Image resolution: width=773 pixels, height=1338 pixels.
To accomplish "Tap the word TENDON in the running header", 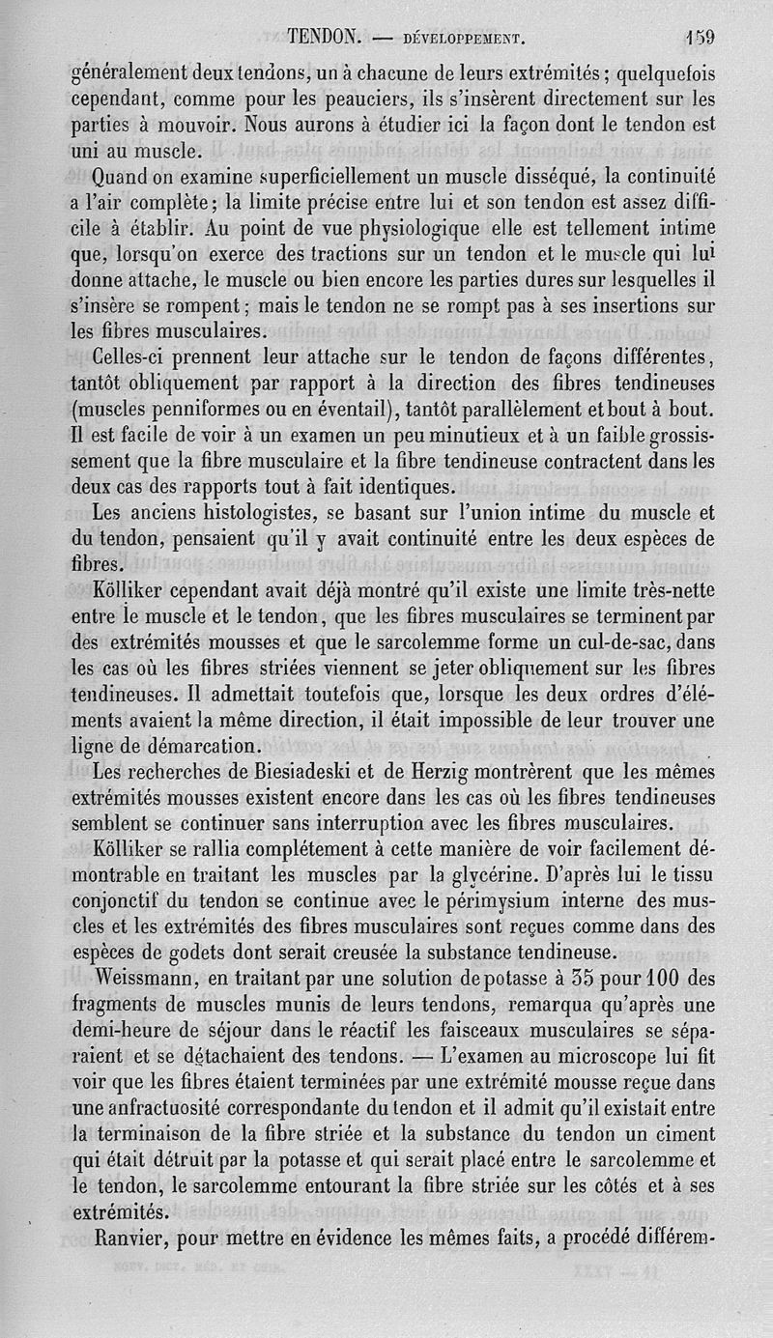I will [324, 38].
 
